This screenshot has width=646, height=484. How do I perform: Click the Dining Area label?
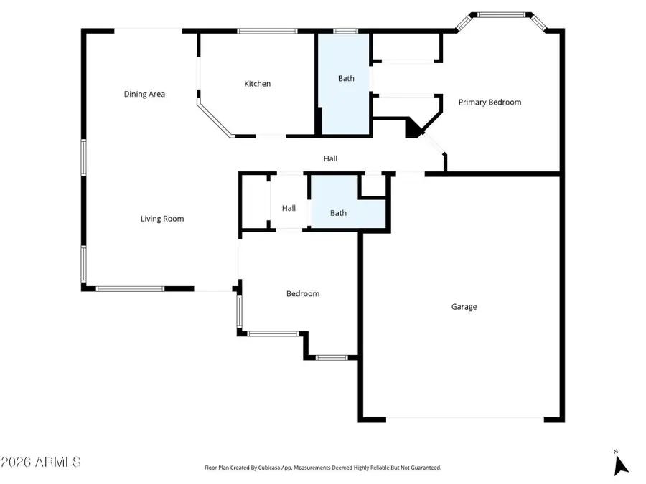click(x=144, y=94)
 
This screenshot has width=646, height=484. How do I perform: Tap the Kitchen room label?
click(x=257, y=84)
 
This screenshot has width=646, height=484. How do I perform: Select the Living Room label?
click(x=161, y=219)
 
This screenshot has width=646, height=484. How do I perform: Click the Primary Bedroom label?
click(x=490, y=103)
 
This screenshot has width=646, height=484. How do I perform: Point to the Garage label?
click(x=464, y=307)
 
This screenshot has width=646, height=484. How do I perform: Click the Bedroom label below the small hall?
click(x=302, y=293)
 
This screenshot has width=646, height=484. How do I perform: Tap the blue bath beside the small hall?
click(x=338, y=213)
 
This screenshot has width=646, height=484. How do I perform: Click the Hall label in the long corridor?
click(x=330, y=158)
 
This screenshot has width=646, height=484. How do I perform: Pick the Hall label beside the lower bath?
click(x=289, y=208)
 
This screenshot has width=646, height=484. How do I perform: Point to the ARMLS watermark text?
click(x=41, y=462)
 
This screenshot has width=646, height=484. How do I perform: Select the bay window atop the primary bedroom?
click(x=502, y=14)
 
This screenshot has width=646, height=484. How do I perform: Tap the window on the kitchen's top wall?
click(x=267, y=31)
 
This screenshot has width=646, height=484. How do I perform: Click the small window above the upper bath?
click(x=345, y=31)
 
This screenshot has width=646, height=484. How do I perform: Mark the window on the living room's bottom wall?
click(x=130, y=289)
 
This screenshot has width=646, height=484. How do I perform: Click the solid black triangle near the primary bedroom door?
click(x=413, y=129)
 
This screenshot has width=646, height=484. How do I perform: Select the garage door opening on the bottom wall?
click(x=464, y=419)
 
